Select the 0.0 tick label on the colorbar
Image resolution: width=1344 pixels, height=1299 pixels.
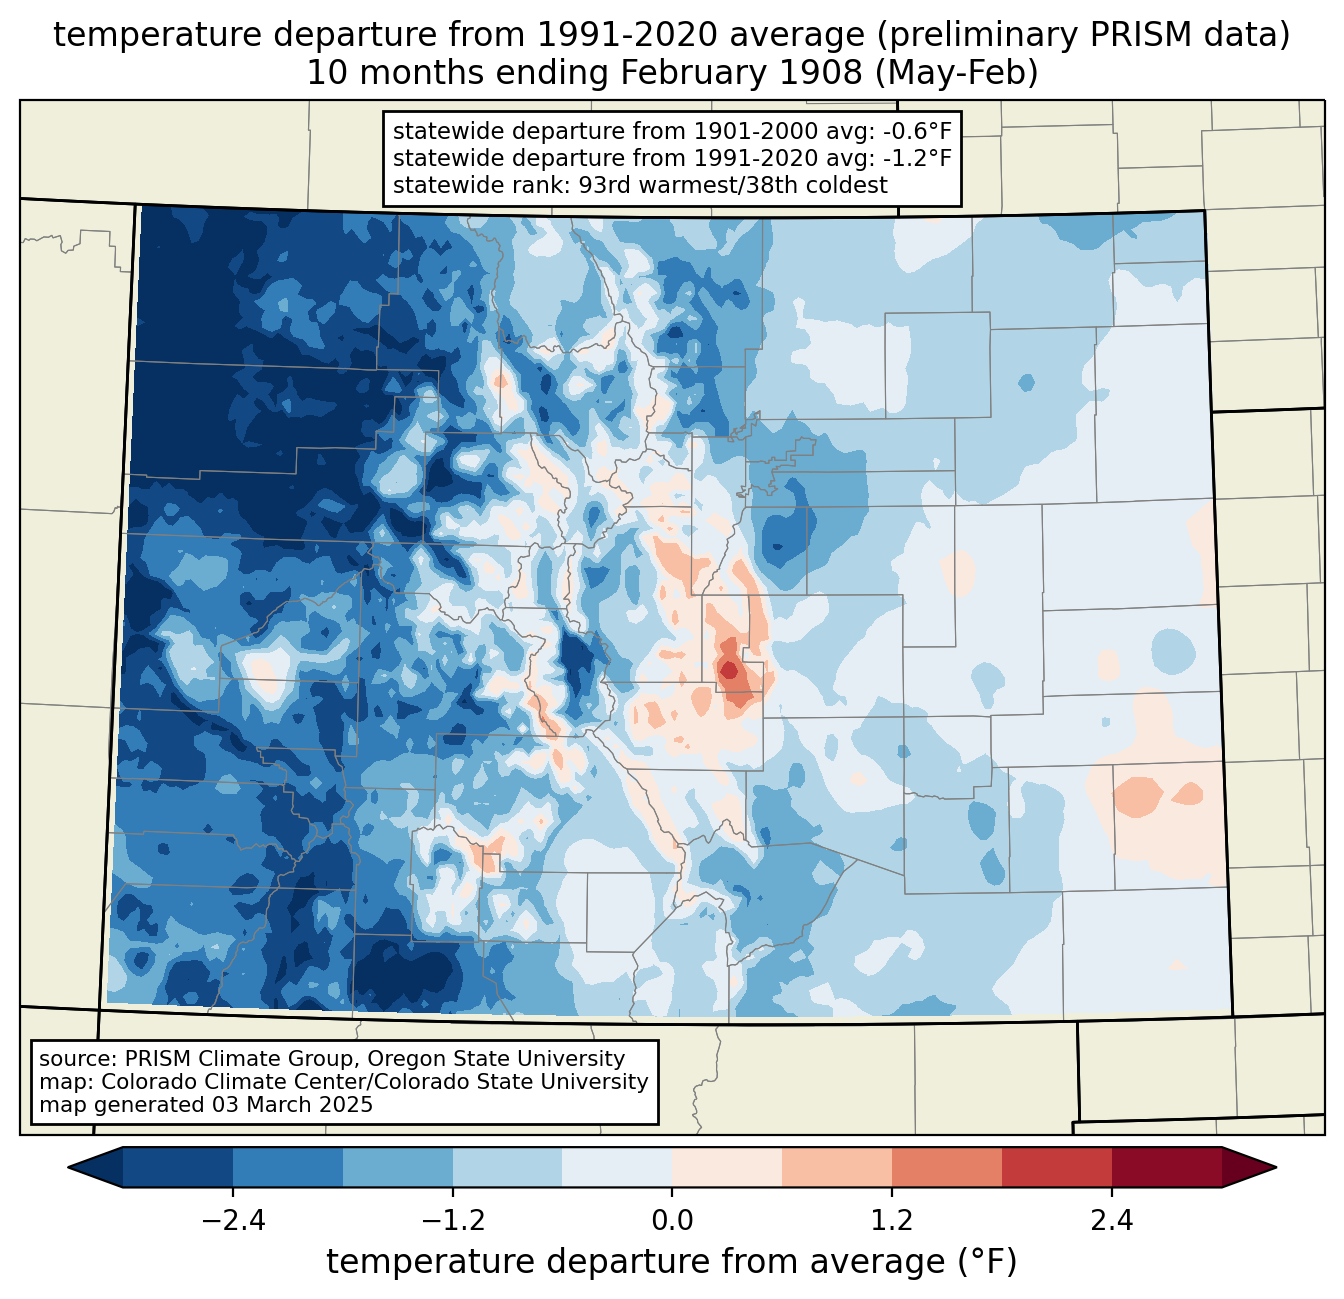point(672,1221)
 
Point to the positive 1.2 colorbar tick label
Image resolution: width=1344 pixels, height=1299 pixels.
point(892,1221)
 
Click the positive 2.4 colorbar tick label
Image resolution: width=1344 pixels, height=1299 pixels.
point(1112,1221)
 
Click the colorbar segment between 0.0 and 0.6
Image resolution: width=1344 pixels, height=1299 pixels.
point(727,1167)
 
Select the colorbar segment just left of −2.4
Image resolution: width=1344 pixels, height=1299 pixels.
point(178,1167)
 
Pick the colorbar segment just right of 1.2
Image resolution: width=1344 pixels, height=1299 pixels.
point(947,1167)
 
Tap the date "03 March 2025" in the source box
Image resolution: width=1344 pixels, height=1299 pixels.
point(292,1105)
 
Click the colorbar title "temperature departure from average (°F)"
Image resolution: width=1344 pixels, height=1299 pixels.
point(672,1262)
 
